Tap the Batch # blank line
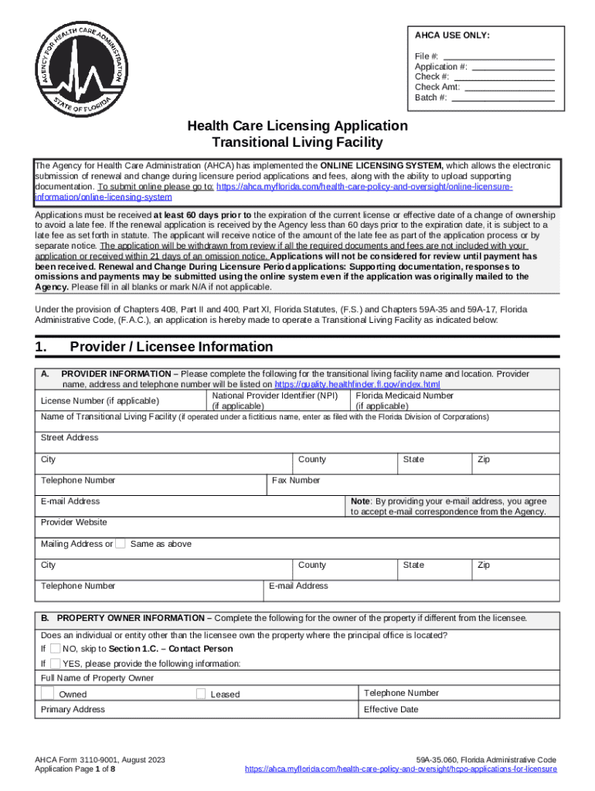(502, 98)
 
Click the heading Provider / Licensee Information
(171, 347)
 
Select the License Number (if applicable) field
(100, 400)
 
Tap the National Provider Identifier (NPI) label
(274, 395)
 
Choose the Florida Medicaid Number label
(404, 395)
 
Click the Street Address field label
(70, 437)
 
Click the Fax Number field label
(296, 480)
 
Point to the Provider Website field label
(73, 522)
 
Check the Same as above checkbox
(121, 544)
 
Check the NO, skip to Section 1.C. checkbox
(56, 648)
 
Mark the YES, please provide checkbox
(56, 664)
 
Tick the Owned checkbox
(48, 693)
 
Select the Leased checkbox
(201, 693)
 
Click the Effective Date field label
(390, 709)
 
